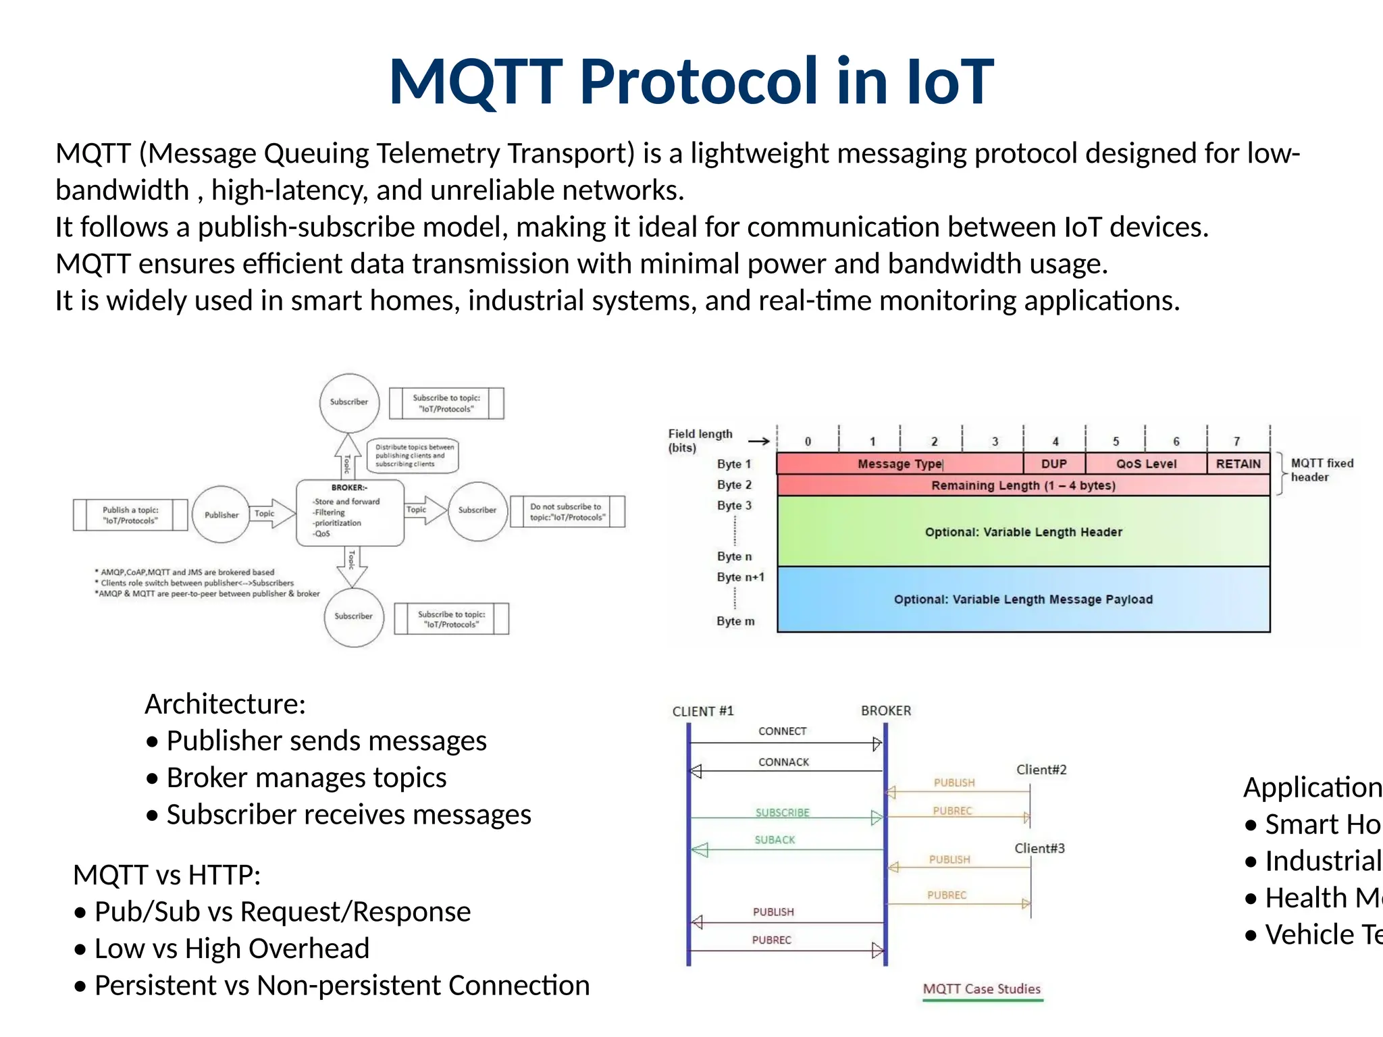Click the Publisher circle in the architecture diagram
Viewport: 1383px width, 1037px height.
221,514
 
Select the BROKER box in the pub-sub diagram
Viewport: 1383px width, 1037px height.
350,512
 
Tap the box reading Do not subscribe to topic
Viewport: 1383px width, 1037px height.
567,512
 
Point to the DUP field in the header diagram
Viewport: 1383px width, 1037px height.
1053,464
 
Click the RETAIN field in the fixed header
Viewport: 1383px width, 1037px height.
1238,464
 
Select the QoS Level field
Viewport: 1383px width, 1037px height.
1145,464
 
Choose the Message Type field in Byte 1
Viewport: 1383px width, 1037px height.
899,464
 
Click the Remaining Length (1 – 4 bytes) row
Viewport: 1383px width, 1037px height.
1023,485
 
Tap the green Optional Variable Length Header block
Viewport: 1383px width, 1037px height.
1023,532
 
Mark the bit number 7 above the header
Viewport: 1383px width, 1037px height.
1236,442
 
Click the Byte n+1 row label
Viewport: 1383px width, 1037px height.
740,577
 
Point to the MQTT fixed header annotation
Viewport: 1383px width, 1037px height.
1322,470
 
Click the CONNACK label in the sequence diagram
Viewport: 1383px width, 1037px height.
783,762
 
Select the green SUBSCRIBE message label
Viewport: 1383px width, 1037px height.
782,813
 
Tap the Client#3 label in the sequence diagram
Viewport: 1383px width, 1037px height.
1039,849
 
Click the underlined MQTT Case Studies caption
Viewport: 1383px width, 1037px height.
981,989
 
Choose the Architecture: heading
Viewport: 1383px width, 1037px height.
225,704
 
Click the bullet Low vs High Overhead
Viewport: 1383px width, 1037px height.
232,949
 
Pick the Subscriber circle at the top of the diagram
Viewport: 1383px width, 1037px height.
349,402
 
